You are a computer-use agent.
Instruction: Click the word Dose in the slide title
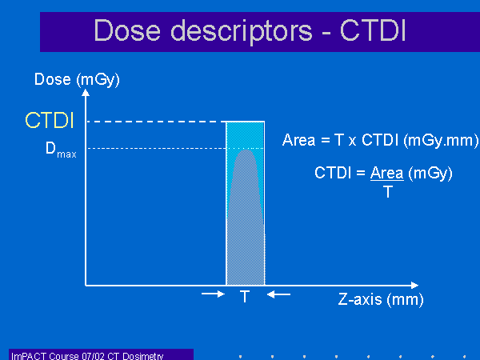(x=127, y=30)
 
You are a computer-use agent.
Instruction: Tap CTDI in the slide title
(x=373, y=30)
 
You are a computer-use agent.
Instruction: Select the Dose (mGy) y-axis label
(x=77, y=80)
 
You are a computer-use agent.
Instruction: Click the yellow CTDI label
(x=50, y=120)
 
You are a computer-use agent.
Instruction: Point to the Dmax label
(x=61, y=150)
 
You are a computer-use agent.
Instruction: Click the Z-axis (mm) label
(x=381, y=299)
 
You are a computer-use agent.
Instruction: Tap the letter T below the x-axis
(x=245, y=297)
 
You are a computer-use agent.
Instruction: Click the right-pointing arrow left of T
(x=213, y=294)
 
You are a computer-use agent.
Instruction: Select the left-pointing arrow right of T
(x=278, y=294)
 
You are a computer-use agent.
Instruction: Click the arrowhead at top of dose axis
(x=86, y=92)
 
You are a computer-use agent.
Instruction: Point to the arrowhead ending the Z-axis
(x=414, y=286)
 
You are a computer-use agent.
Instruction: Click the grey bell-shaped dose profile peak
(x=246, y=153)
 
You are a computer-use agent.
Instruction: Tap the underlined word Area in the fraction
(x=387, y=174)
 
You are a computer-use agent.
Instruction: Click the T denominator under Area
(x=388, y=192)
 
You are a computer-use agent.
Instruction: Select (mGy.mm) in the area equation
(x=441, y=141)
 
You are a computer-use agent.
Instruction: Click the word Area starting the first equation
(x=298, y=140)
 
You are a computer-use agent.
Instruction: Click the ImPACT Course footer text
(x=87, y=356)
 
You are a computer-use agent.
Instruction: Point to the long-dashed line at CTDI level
(x=157, y=122)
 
